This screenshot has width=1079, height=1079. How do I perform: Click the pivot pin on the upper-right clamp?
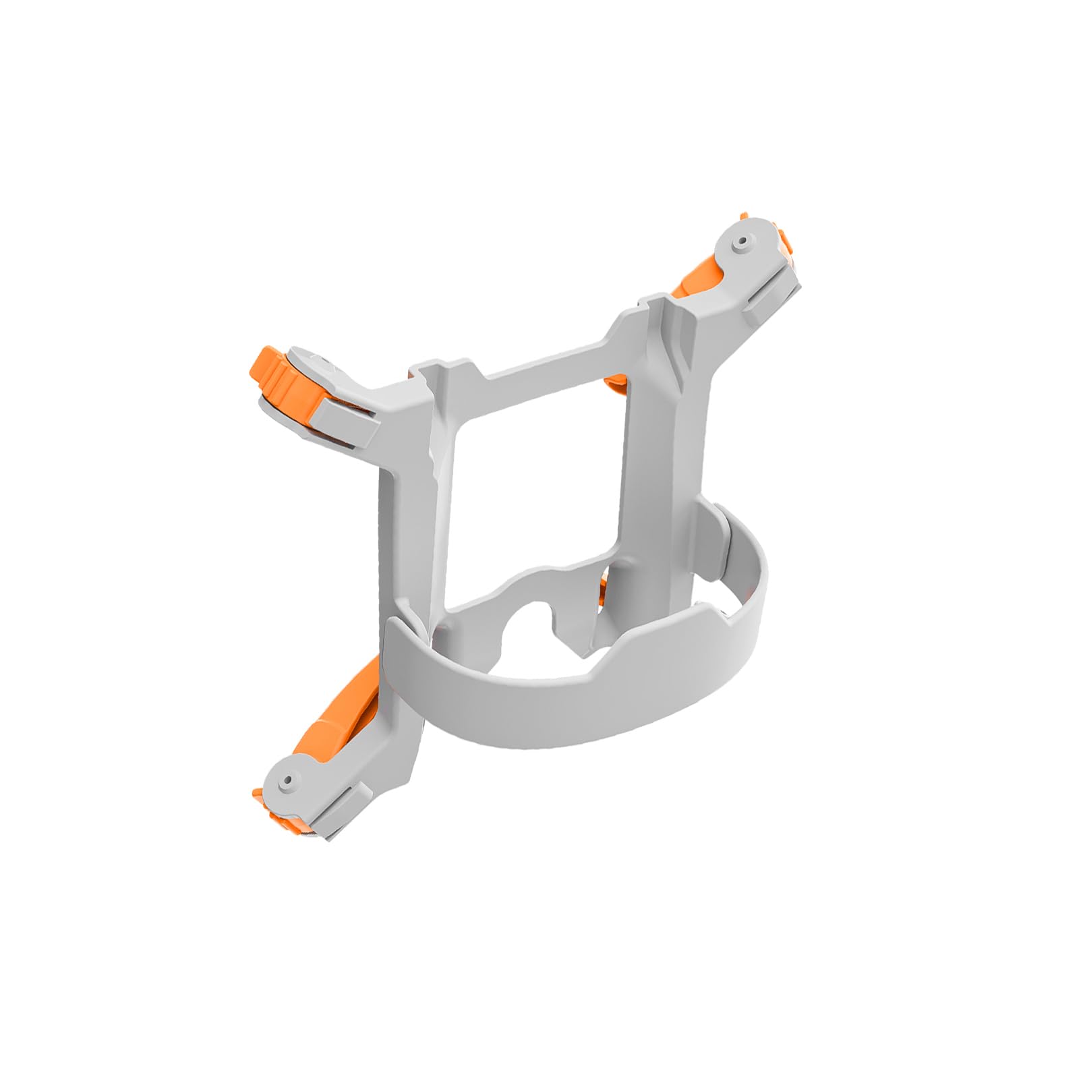point(742,241)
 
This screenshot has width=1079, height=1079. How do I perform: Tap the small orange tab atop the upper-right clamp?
point(785,237)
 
